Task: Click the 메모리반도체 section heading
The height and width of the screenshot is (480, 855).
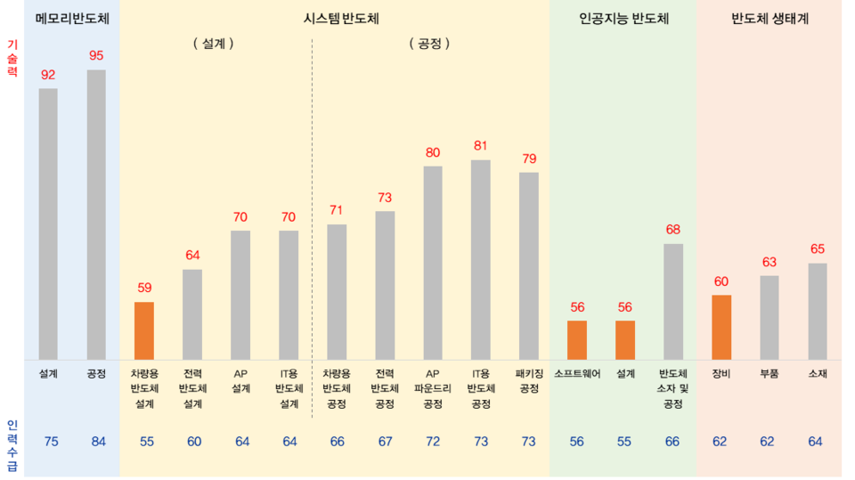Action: pyautogui.click(x=72, y=18)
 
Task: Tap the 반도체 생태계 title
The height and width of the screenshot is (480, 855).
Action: pyautogui.click(x=769, y=18)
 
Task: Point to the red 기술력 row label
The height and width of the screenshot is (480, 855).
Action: pyautogui.click(x=12, y=58)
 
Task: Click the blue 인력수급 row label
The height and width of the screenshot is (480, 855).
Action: pyautogui.click(x=12, y=442)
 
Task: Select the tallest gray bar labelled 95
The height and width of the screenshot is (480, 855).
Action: pyautogui.click(x=96, y=214)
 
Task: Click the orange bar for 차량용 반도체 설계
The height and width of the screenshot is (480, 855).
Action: pyautogui.click(x=144, y=330)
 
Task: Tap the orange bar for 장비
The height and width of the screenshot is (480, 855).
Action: pyautogui.click(x=721, y=327)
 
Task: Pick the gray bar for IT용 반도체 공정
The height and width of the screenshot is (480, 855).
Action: pyautogui.click(x=481, y=259)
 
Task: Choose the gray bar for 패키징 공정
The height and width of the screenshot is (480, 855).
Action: pyautogui.click(x=529, y=265)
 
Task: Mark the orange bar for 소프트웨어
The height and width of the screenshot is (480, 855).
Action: pyautogui.click(x=577, y=339)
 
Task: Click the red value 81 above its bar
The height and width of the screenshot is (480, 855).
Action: pyautogui.click(x=481, y=145)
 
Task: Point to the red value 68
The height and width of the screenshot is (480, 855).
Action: pyautogui.click(x=673, y=229)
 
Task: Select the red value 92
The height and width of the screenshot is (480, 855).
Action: pyautogui.click(x=48, y=74)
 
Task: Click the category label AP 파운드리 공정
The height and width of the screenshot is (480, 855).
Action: pyautogui.click(x=433, y=388)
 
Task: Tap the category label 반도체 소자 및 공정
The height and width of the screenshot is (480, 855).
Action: pyautogui.click(x=673, y=388)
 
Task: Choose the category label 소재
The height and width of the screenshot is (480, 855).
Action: pyautogui.click(x=818, y=374)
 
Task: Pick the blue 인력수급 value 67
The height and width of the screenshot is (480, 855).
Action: pyautogui.click(x=385, y=442)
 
